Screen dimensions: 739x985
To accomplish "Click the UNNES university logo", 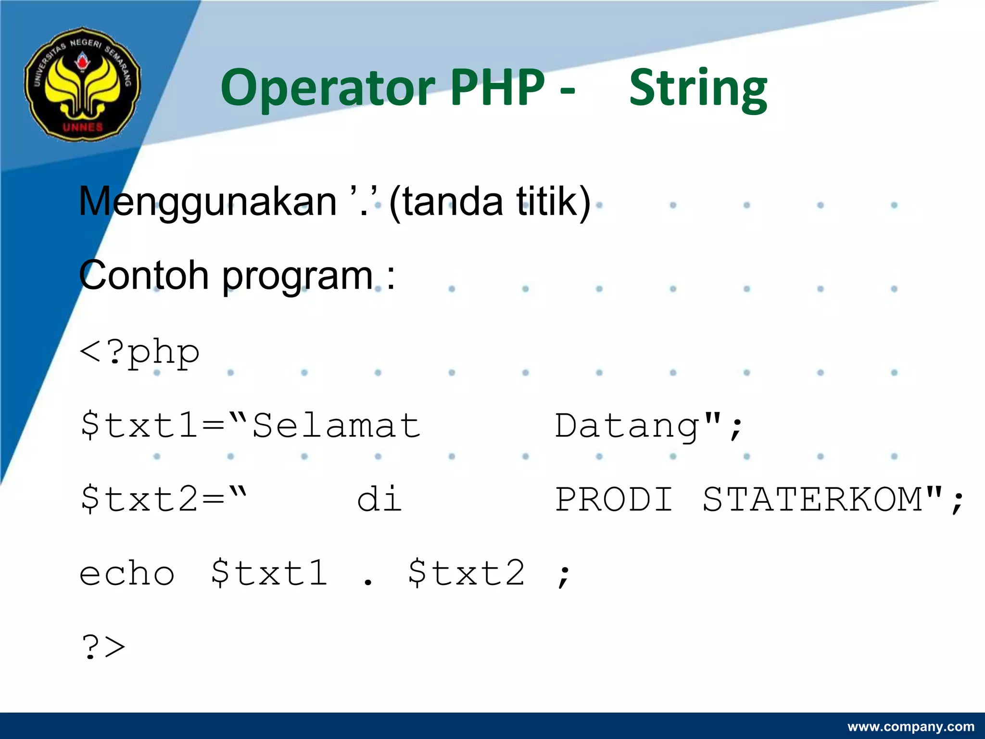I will click(82, 85).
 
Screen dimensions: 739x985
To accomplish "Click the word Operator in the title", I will click(328, 88).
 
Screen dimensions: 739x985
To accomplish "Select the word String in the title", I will click(698, 89).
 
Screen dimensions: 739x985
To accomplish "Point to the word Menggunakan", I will click(208, 202).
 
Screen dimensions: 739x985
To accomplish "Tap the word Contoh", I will click(143, 276).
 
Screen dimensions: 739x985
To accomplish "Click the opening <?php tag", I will click(139, 353).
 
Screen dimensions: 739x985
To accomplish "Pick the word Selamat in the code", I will click(336, 426).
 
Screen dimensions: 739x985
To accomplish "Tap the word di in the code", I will click(379, 499).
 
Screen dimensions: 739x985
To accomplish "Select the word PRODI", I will click(614, 499).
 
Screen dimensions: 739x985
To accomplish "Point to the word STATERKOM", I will click(812, 499).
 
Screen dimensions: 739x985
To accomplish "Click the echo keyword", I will click(127, 574).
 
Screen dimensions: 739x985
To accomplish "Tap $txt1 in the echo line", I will click(269, 573).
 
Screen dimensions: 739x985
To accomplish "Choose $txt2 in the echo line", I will click(466, 573).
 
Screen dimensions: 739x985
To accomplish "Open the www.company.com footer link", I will click(911, 726).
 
